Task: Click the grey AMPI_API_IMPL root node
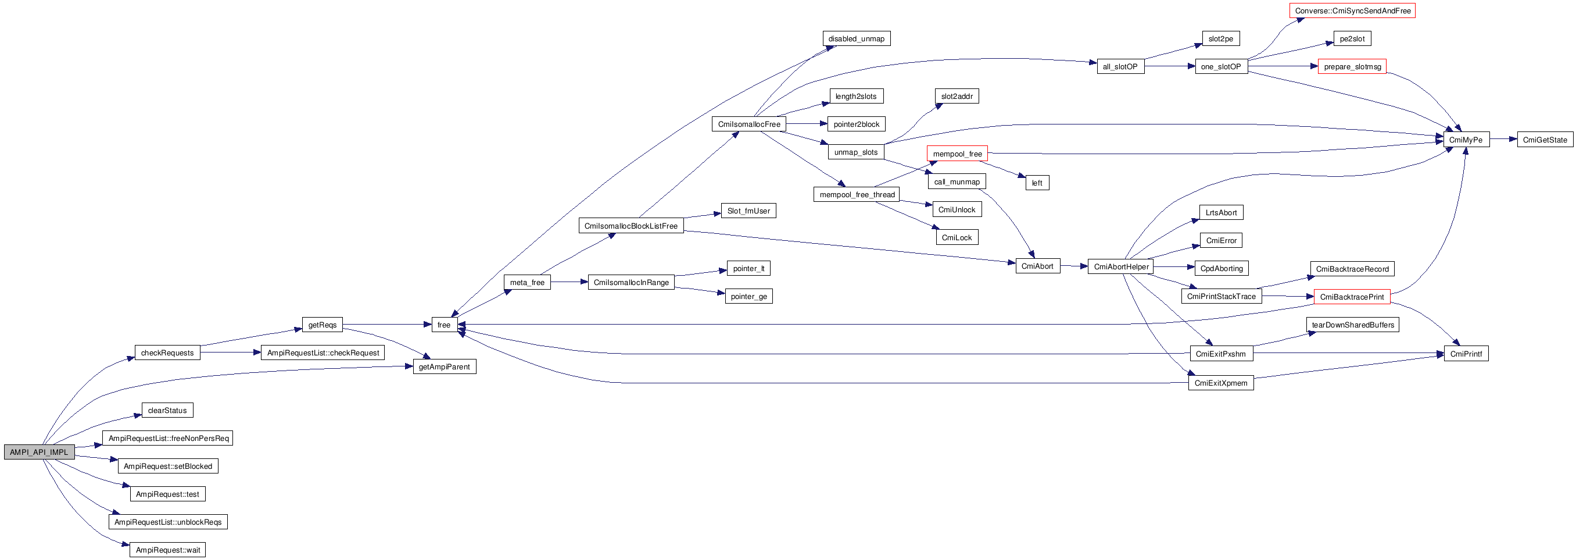click(39, 452)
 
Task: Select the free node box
click(443, 325)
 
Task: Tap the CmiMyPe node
click(1465, 140)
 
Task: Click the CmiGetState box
click(1544, 140)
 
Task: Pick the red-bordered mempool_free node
click(957, 154)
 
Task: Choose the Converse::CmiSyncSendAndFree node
click(1352, 10)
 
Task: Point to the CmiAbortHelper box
click(1121, 266)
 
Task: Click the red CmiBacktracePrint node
click(1352, 297)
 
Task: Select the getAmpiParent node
click(444, 366)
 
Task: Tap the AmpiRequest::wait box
click(167, 550)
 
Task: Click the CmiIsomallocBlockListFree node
click(631, 226)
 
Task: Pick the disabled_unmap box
click(856, 38)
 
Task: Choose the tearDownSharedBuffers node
click(1352, 325)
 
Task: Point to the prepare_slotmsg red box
click(1352, 66)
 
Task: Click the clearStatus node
click(167, 410)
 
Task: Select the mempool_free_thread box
click(857, 195)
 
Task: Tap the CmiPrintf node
click(1466, 354)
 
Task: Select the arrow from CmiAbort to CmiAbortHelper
click(1074, 266)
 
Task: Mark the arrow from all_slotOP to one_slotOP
click(1169, 66)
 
